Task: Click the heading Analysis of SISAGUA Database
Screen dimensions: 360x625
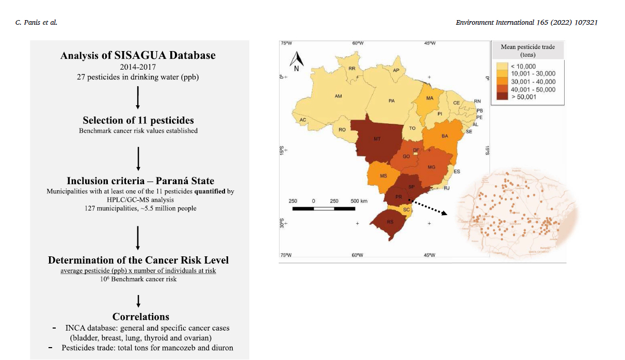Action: click(x=138, y=55)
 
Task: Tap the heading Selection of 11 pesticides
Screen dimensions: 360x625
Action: click(x=138, y=120)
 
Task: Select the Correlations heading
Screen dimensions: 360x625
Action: click(x=140, y=316)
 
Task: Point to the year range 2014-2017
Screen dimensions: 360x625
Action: click(x=138, y=67)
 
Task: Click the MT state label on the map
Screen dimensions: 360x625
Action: click(x=377, y=139)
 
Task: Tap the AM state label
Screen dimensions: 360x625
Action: click(x=338, y=96)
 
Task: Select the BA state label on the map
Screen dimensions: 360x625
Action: click(x=444, y=136)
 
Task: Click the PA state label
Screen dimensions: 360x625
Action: click(x=392, y=101)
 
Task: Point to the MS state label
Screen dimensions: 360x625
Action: click(x=383, y=176)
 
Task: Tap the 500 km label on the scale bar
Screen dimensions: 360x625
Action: click(x=359, y=201)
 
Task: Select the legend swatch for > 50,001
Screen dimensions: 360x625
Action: click(x=502, y=96)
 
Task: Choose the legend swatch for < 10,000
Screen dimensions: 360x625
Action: click(x=502, y=66)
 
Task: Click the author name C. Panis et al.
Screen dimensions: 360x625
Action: click(x=36, y=23)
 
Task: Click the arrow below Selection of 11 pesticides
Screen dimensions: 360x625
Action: click(x=138, y=157)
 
